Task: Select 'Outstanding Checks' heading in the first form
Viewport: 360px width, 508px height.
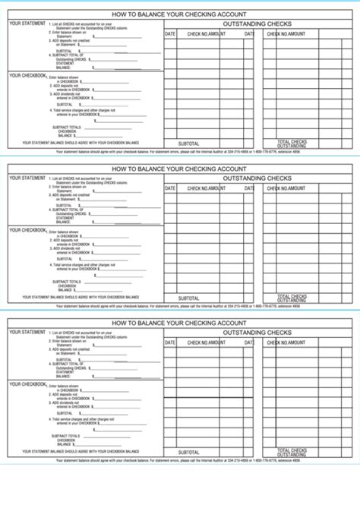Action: (x=257, y=24)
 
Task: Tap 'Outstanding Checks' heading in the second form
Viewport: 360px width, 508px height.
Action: (x=257, y=178)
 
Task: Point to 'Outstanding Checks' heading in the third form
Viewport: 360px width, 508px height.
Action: (x=257, y=333)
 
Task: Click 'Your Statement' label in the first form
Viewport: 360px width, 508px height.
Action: (x=27, y=24)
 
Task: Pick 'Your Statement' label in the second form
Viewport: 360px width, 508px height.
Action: (x=27, y=178)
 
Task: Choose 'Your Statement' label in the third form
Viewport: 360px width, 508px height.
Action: (x=27, y=333)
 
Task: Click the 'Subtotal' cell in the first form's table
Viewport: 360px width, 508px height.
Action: (x=188, y=144)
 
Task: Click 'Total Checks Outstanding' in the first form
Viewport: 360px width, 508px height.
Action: (x=292, y=143)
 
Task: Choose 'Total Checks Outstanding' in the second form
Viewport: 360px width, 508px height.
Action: (x=292, y=298)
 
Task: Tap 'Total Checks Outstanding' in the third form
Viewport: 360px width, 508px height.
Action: (x=292, y=453)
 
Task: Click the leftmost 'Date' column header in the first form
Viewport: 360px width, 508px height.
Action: (x=169, y=34)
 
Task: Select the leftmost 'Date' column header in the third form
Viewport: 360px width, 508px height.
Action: (x=169, y=343)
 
